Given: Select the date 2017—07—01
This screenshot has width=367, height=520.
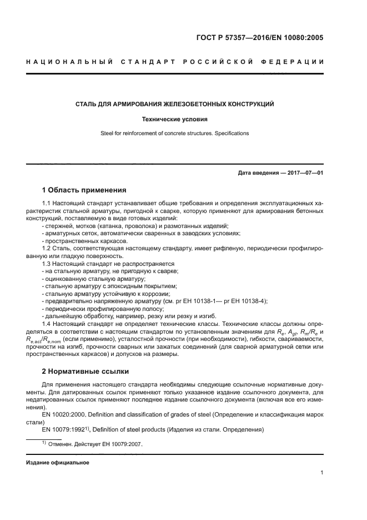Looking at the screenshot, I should pyautogui.click(x=304, y=173).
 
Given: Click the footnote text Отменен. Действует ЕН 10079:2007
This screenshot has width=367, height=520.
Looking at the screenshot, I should pyautogui.click(x=94, y=444).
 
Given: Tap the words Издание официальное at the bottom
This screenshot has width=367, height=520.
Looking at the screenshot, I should pyautogui.click(x=57, y=462).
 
